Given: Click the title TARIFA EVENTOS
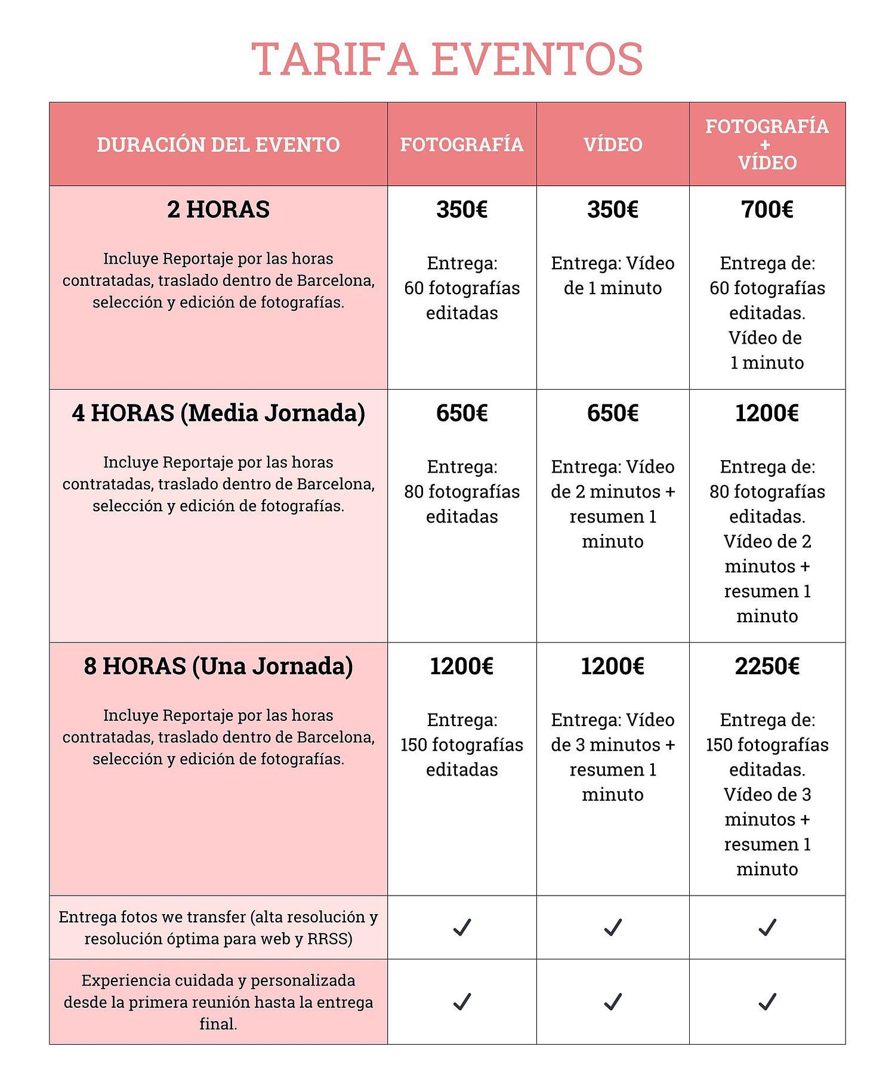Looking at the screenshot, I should tap(447, 59).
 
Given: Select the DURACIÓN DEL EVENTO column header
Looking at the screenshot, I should tap(218, 145).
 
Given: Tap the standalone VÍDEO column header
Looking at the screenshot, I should tap(613, 145).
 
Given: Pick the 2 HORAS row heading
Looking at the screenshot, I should tap(218, 209).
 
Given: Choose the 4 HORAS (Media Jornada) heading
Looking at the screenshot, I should tap(218, 413).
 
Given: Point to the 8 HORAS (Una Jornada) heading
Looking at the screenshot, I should tap(218, 666).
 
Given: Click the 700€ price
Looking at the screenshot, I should tap(767, 209).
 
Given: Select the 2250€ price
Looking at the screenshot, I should tap(767, 666).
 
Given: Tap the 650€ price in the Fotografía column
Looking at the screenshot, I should tap(462, 413).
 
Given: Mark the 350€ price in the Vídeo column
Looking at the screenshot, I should tap(613, 209).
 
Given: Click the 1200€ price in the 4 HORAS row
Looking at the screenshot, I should tap(767, 413).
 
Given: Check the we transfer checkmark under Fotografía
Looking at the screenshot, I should tap(462, 927).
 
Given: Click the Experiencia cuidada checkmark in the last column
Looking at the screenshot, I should tap(767, 1002).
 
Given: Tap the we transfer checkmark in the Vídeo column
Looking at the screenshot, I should tap(613, 927).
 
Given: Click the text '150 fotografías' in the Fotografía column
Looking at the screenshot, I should tap(462, 745).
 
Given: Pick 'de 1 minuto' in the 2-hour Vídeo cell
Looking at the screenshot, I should tap(613, 288).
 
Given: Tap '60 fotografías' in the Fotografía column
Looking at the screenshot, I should tap(462, 288).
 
